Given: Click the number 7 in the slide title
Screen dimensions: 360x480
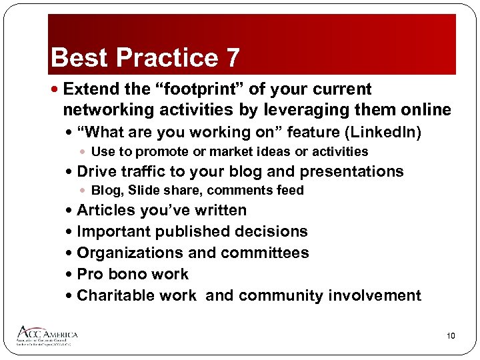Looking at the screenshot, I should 231,59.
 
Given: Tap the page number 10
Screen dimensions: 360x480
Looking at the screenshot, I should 451,336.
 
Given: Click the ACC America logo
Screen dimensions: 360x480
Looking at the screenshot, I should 47,335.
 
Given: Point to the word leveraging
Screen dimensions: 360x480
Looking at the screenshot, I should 283,109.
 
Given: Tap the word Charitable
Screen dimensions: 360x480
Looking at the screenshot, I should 137,296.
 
